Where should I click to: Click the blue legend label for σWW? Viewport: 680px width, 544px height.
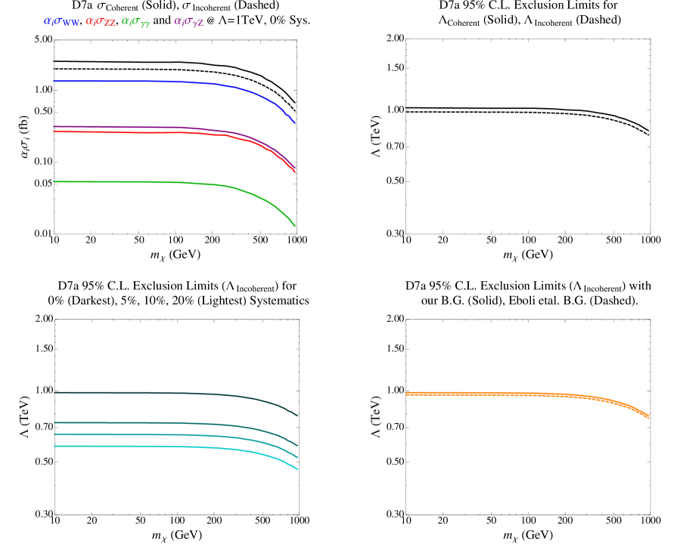[61, 22]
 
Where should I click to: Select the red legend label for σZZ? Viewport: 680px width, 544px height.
[101, 22]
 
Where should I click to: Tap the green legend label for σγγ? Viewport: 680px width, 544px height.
[136, 22]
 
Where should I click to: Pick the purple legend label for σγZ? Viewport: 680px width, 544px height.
[189, 22]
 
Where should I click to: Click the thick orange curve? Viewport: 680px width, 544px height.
[529, 394]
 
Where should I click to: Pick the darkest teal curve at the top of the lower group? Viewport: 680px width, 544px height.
[151, 393]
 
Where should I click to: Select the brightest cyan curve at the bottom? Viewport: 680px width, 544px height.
[151, 447]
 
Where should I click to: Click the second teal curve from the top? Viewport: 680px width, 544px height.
[151, 423]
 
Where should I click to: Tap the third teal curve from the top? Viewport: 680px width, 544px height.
[151, 434]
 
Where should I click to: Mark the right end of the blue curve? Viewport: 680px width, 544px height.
[295, 123]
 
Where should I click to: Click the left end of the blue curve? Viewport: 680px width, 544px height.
[54, 81]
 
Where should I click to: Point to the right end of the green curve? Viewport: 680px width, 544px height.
[295, 226]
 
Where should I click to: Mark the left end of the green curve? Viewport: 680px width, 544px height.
[54, 181]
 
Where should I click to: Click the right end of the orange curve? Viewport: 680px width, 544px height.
[648, 416]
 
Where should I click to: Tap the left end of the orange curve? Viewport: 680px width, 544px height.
[407, 394]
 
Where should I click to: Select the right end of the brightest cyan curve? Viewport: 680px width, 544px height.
[297, 469]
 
